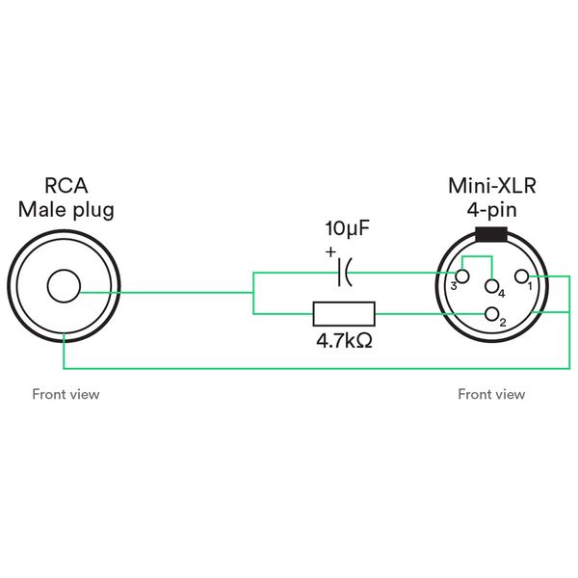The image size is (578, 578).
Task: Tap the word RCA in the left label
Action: [x=66, y=185]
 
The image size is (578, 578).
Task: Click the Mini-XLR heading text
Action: [x=491, y=185]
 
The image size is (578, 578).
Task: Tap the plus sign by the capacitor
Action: [x=331, y=251]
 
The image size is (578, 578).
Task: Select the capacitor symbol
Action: [x=344, y=274]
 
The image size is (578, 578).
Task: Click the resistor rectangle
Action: [x=344, y=314]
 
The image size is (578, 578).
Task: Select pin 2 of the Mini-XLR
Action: [x=493, y=314]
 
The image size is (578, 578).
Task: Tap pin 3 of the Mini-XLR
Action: [x=462, y=277]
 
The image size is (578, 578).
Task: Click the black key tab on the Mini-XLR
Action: [x=491, y=233]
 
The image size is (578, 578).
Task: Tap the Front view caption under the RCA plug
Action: [x=66, y=394]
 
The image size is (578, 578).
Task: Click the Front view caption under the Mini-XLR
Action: [x=491, y=394]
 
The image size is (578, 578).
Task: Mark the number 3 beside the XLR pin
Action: [x=453, y=286]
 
